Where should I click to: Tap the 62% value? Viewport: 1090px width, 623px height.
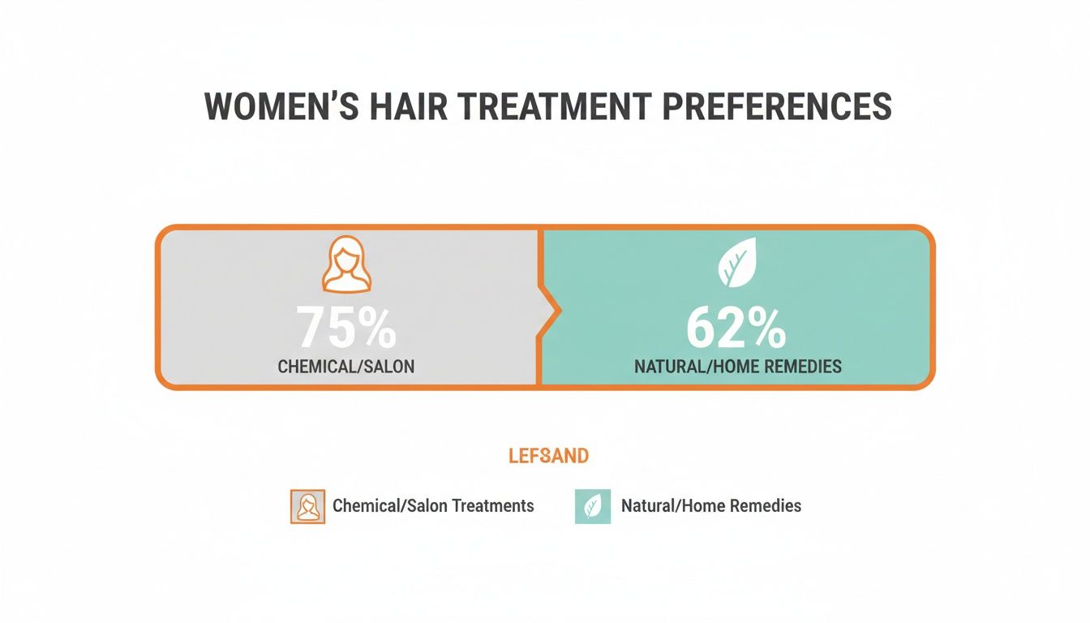pyautogui.click(x=736, y=328)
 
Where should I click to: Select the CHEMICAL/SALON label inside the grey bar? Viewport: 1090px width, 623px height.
pyautogui.click(x=346, y=367)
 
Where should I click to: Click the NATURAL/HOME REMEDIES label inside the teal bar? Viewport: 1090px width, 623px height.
pyautogui.click(x=737, y=367)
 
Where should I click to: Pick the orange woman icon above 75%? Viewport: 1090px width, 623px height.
pyautogui.click(x=346, y=264)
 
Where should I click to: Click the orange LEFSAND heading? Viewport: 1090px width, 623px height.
pyautogui.click(x=548, y=456)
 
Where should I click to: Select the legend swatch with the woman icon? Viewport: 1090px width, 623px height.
pyautogui.click(x=307, y=506)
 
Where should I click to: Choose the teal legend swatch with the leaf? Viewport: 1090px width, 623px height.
pyautogui.click(x=592, y=506)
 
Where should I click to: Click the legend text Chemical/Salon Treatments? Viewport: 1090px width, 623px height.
pyautogui.click(x=433, y=506)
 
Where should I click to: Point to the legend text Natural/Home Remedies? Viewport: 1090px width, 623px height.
pyautogui.click(x=710, y=506)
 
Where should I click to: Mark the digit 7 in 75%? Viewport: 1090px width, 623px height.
pyautogui.click(x=311, y=328)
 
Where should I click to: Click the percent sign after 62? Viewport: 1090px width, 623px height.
pyautogui.click(x=768, y=328)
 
